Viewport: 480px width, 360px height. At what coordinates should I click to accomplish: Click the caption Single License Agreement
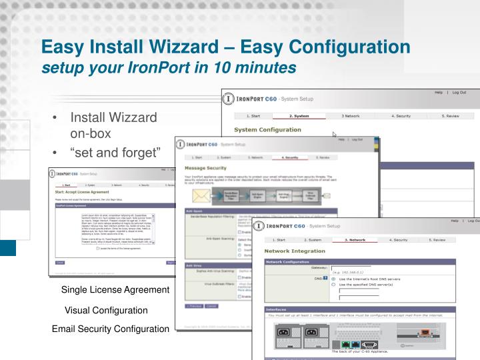pos(115,290)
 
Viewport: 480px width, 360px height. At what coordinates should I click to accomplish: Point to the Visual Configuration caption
pos(106,310)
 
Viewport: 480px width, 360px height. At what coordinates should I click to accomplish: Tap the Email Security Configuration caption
pos(111,329)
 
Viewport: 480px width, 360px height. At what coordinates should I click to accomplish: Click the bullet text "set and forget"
pos(116,154)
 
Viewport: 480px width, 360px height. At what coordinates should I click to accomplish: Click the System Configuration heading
pos(267,130)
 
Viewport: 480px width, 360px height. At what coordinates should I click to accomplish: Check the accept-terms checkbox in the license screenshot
pos(98,249)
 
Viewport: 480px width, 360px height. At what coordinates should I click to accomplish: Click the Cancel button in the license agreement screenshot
pos(60,263)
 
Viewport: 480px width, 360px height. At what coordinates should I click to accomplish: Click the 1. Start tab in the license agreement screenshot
pos(65,185)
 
